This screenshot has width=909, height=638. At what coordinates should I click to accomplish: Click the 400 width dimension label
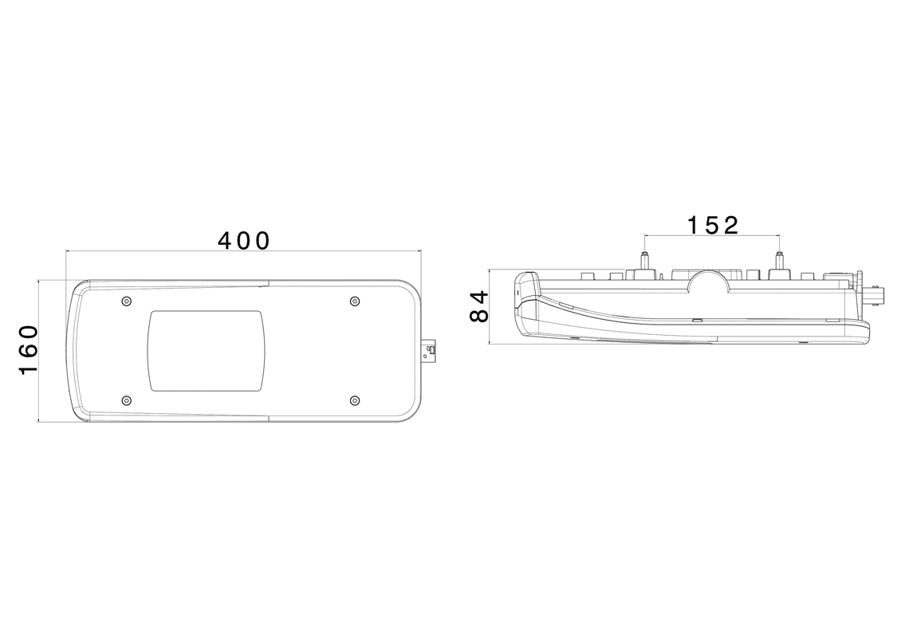click(244, 241)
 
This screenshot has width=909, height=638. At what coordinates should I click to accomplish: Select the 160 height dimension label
click(29, 350)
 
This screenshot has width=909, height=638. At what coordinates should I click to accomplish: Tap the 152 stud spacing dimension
click(713, 225)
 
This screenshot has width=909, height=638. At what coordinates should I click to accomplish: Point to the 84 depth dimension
click(479, 306)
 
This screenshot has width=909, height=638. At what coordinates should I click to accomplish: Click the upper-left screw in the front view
click(127, 301)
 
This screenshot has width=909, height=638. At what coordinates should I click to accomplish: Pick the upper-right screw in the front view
click(355, 301)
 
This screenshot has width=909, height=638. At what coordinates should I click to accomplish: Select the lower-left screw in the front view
click(127, 400)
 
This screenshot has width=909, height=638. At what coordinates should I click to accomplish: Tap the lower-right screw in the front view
click(355, 400)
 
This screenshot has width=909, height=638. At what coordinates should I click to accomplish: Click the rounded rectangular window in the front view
click(207, 350)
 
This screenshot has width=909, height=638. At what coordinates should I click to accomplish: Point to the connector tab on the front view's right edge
click(430, 350)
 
